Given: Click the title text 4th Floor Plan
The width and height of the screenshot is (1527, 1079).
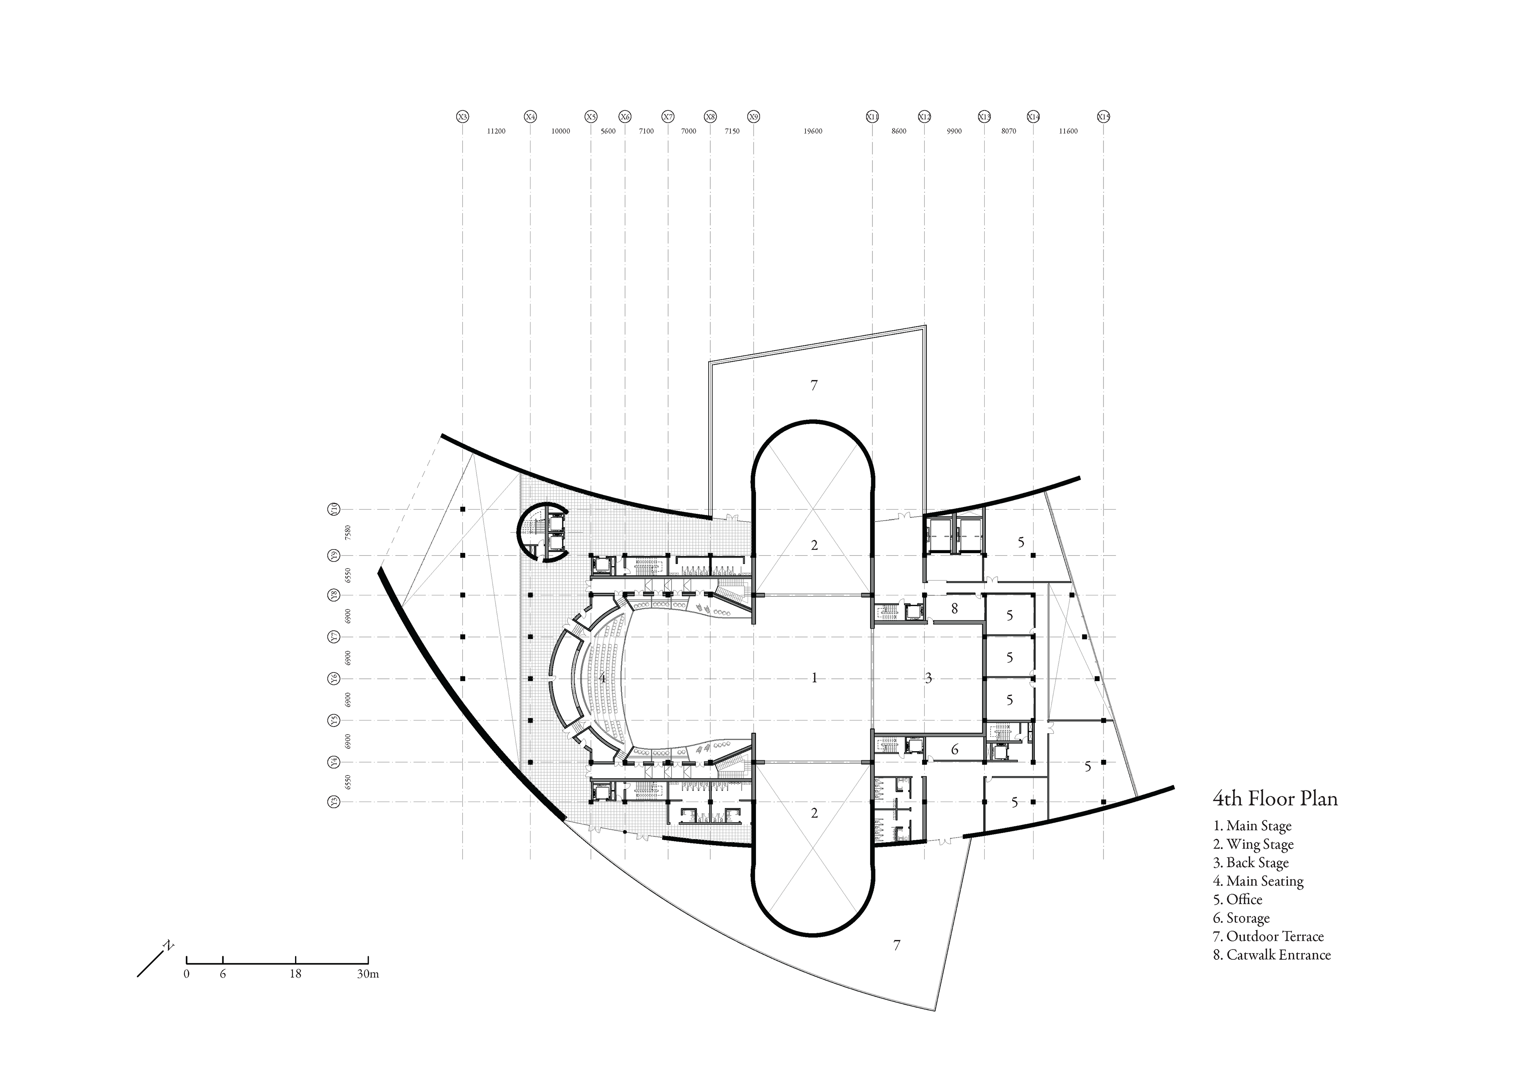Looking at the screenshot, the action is pyautogui.click(x=1275, y=798).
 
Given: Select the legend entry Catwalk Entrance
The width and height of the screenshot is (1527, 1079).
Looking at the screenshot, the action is pyautogui.click(x=1272, y=955).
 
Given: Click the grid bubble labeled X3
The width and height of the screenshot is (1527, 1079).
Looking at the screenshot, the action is pyautogui.click(x=462, y=117).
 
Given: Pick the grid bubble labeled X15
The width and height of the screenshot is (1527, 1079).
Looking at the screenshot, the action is pyautogui.click(x=1103, y=117).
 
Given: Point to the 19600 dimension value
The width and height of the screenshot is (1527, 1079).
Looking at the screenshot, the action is pyautogui.click(x=813, y=132).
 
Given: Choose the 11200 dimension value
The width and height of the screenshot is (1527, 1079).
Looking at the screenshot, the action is pyautogui.click(x=496, y=132).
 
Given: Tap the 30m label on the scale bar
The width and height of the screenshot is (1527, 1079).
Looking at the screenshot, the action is pyautogui.click(x=368, y=974).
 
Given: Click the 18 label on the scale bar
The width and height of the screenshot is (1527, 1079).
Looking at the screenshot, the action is pyautogui.click(x=295, y=974).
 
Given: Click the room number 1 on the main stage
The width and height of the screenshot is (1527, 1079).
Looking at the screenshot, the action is pyautogui.click(x=814, y=678).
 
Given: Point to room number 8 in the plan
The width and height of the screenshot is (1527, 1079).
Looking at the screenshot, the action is pyautogui.click(x=954, y=608).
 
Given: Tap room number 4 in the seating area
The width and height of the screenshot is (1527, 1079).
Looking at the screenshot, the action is pyautogui.click(x=602, y=678).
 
